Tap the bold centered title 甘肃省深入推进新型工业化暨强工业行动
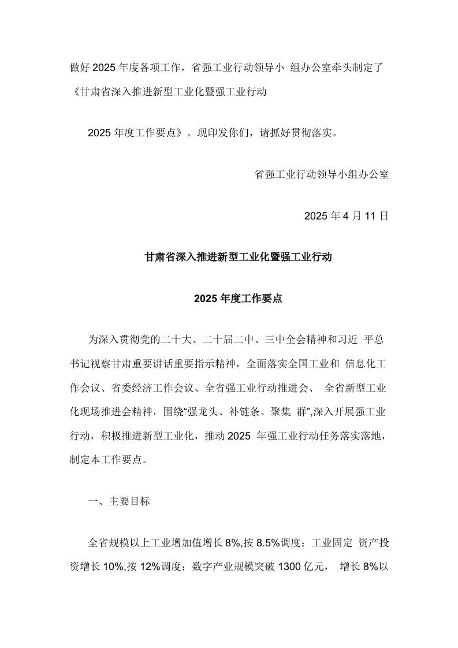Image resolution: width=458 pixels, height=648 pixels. point(239,257)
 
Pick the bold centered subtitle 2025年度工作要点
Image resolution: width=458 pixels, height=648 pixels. point(238,299)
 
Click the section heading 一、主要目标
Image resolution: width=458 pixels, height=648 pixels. point(119,501)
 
